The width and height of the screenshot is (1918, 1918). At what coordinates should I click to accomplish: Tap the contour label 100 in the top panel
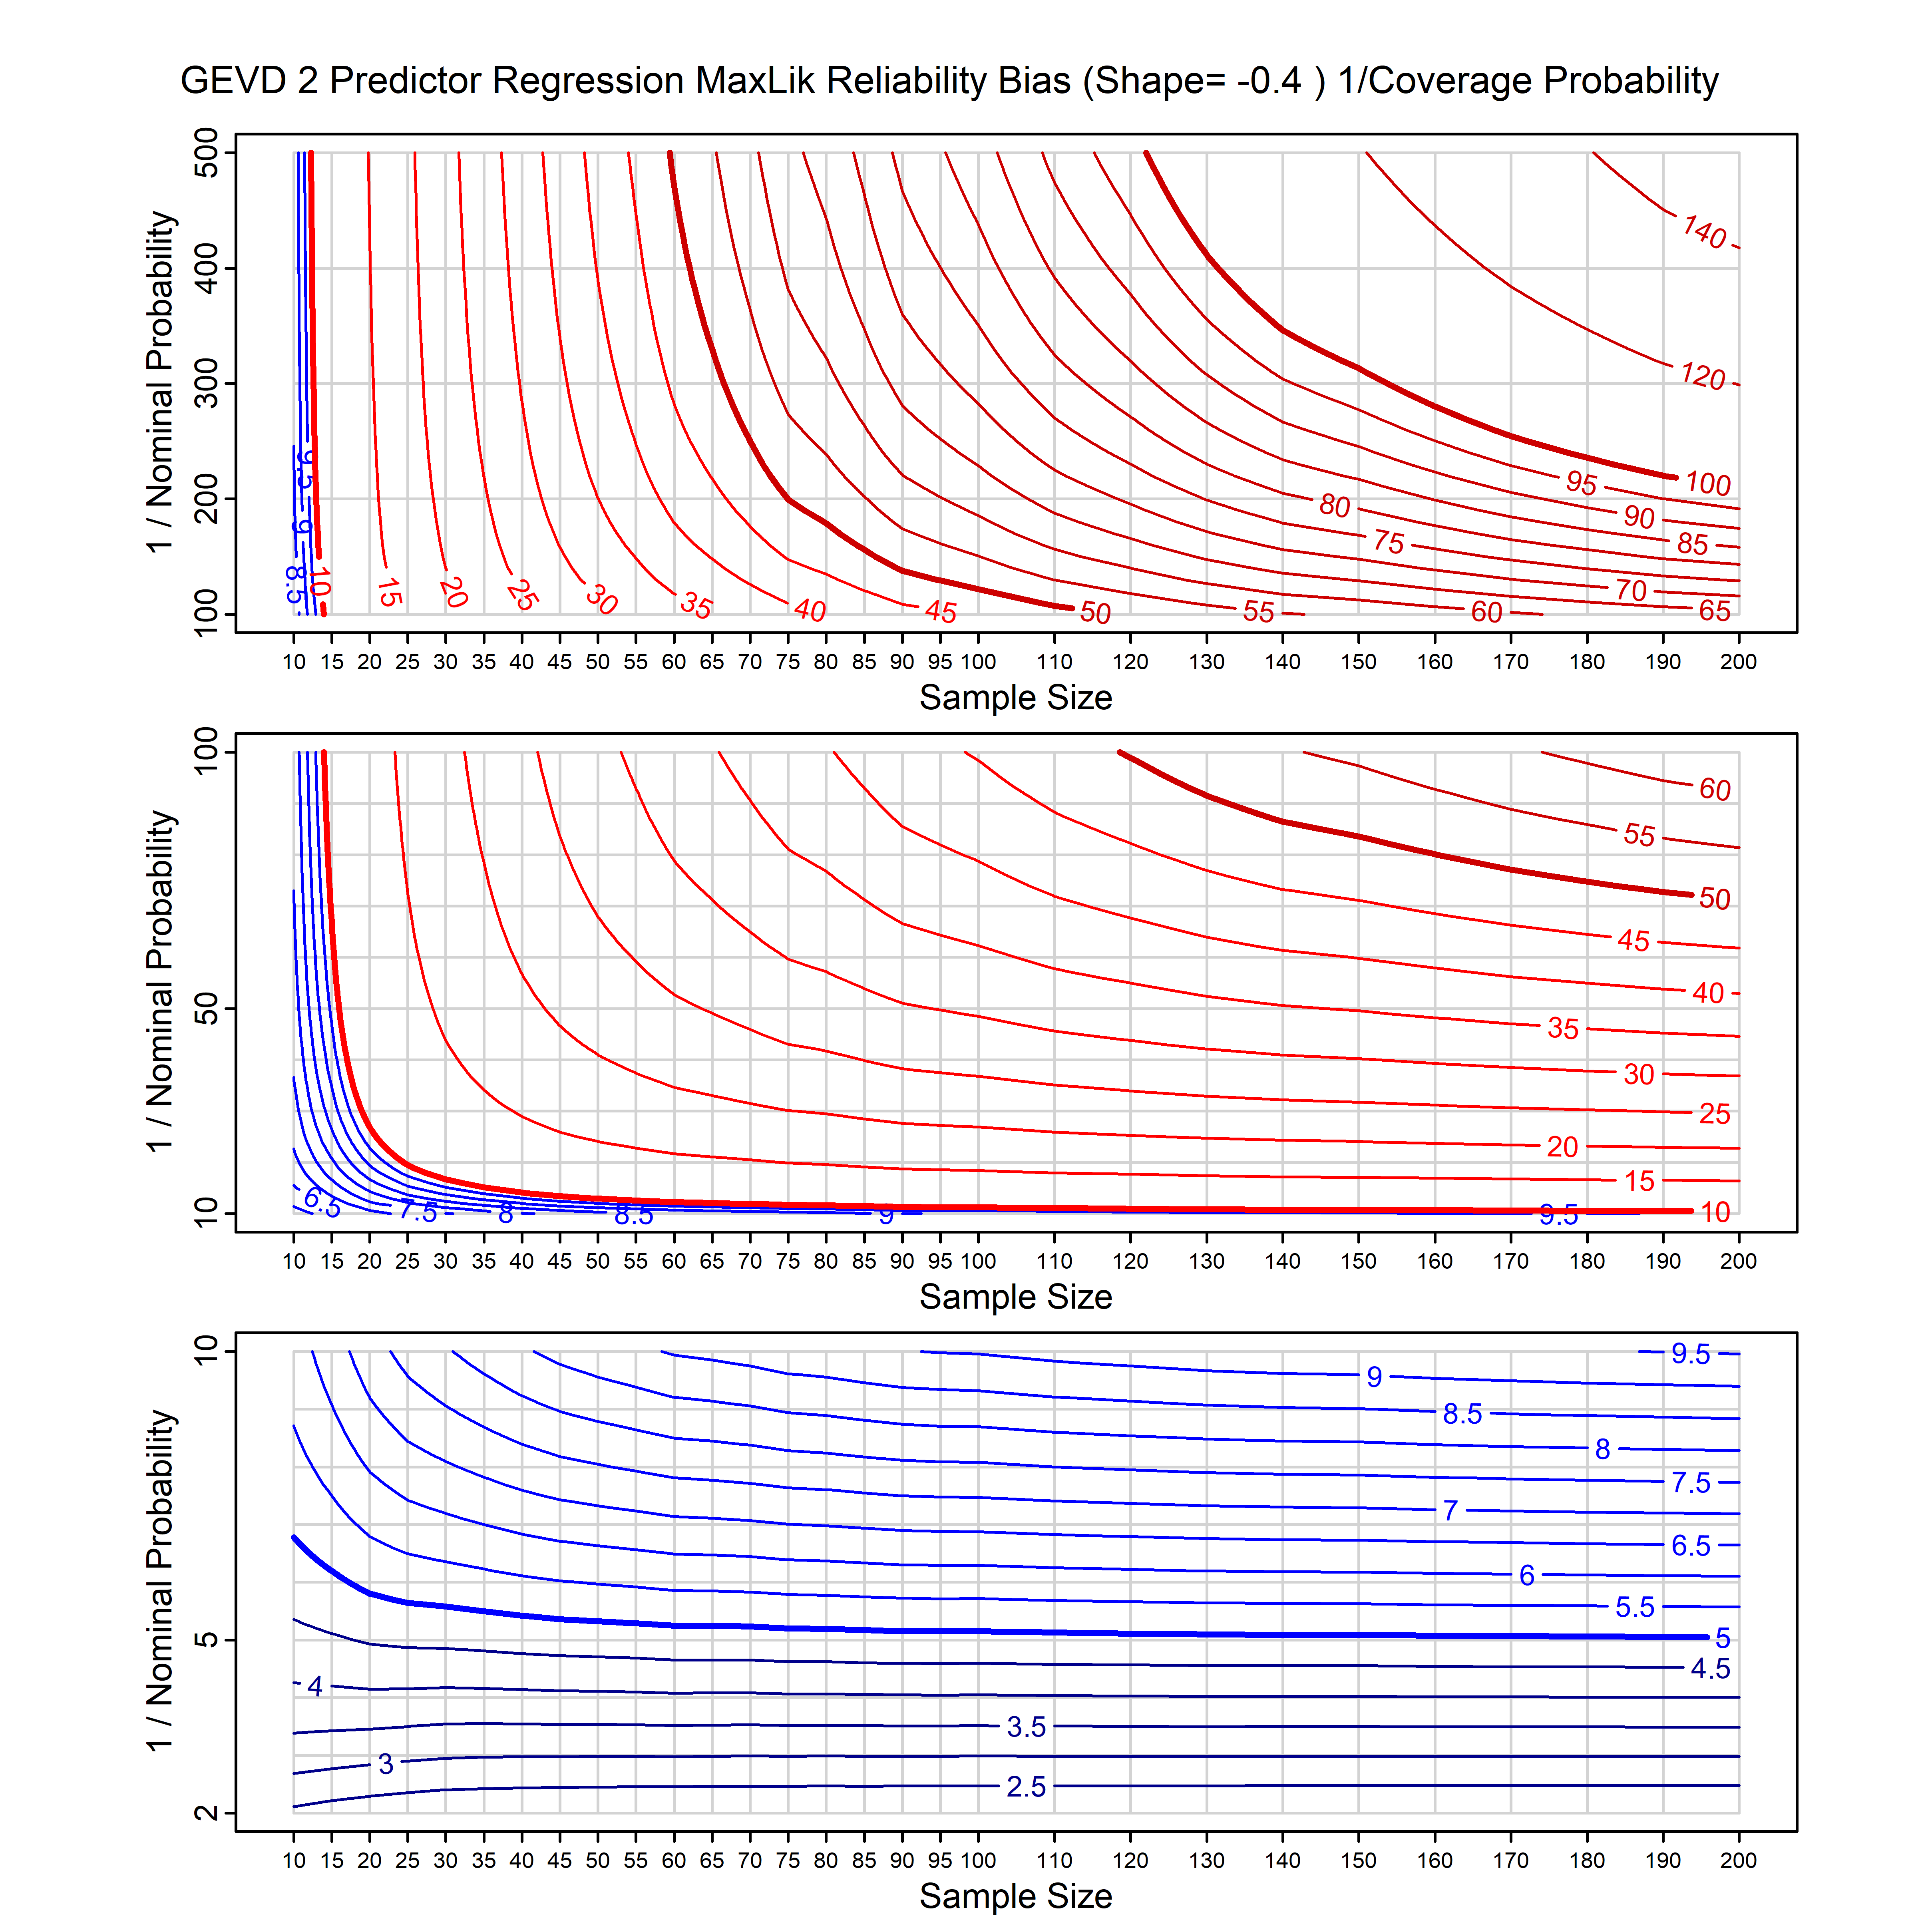click(1707, 483)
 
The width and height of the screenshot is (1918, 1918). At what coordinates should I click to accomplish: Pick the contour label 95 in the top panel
click(1582, 482)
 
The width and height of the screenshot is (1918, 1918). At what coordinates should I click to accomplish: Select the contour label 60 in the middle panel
click(1715, 789)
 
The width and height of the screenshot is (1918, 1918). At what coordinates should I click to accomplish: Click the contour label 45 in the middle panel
click(1633, 940)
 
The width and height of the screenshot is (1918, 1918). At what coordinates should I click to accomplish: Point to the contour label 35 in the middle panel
click(1563, 1029)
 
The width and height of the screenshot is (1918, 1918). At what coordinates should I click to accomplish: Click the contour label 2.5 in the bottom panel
click(1025, 1787)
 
